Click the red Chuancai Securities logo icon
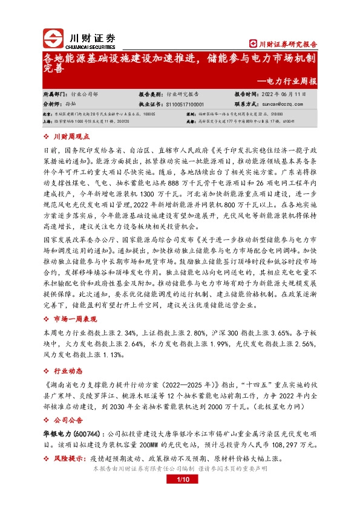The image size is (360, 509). (x=53, y=38)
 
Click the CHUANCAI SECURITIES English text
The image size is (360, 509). (x=93, y=45)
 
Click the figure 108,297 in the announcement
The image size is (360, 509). (x=277, y=446)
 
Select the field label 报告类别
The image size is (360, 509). (x=149, y=95)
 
